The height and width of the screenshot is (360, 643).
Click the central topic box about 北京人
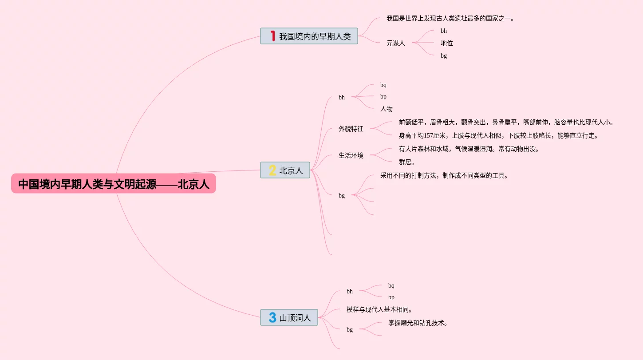coord(114,184)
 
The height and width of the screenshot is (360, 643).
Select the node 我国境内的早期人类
coord(309,36)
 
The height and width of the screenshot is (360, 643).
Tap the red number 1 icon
coord(273,36)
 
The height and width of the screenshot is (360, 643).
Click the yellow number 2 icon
coord(272,170)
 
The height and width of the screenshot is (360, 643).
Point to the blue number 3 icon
coord(272,317)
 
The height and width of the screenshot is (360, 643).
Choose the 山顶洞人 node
coord(289,318)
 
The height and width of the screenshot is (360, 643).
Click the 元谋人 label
coord(395,43)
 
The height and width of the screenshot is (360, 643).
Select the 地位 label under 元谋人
coord(446,43)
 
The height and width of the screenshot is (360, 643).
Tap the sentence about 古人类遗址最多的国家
coord(450,19)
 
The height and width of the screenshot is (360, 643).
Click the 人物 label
coord(386,109)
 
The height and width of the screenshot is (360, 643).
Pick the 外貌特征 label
coord(351,129)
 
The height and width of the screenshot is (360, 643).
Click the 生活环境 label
coord(351,155)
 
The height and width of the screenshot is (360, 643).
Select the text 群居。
coord(406,162)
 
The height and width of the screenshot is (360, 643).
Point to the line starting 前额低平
coord(506,123)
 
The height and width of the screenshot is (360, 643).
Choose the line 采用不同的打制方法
coord(444,175)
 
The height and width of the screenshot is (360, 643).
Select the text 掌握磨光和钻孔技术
coord(418,323)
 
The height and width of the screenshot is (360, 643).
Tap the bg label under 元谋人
coord(443,56)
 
